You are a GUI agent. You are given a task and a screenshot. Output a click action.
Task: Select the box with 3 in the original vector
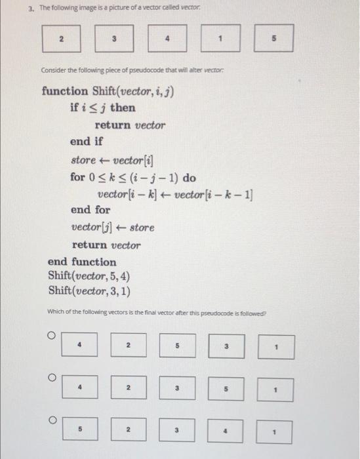tap(114, 39)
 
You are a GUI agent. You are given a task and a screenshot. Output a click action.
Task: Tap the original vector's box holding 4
tap(168, 39)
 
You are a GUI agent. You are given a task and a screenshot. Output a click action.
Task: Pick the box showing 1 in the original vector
tap(222, 39)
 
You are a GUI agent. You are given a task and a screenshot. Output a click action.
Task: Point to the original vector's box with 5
tap(273, 39)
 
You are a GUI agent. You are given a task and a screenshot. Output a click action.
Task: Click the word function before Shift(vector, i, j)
tap(64, 91)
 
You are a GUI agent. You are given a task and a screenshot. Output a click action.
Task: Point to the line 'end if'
tap(87, 142)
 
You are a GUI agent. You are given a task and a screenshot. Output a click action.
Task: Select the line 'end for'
tap(90, 210)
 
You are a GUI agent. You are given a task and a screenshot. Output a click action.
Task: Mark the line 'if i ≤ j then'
tap(102, 108)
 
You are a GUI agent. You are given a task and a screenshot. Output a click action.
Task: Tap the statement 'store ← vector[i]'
tap(112, 159)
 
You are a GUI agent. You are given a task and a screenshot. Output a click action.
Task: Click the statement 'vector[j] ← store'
tap(113, 228)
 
